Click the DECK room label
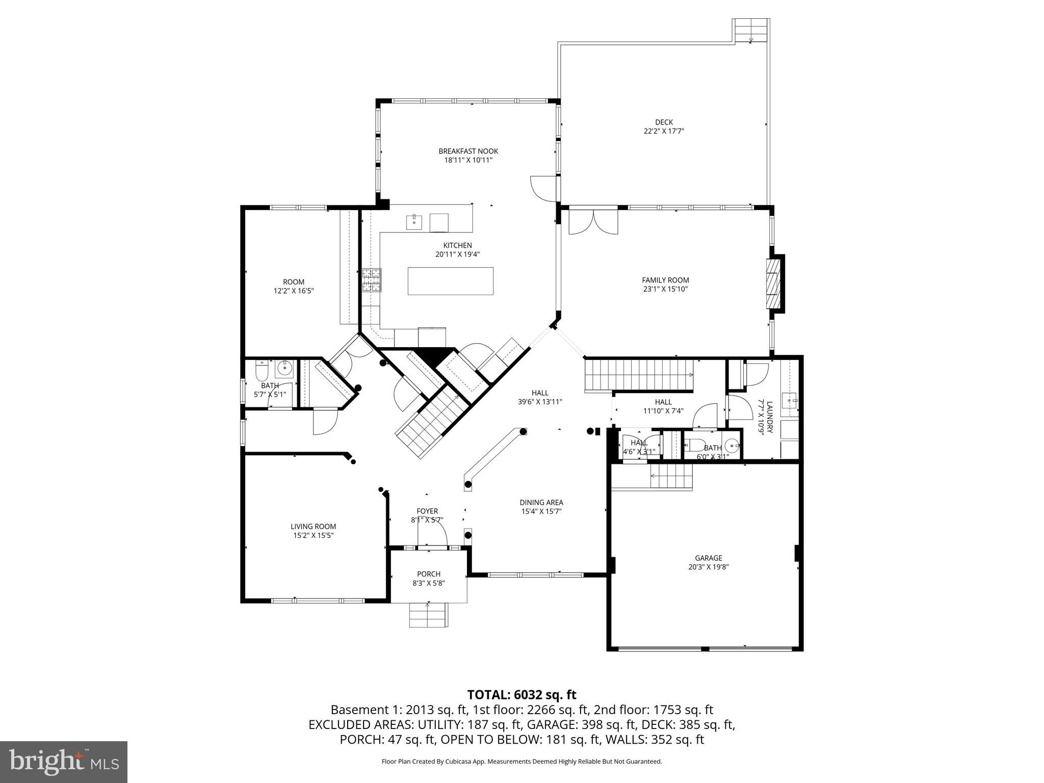tap(663, 122)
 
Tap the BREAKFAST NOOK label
tap(468, 151)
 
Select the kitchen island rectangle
tap(450, 281)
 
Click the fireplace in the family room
tap(774, 284)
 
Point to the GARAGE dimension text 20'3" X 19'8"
tap(708, 566)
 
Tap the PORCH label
tap(428, 574)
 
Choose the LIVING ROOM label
tap(313, 527)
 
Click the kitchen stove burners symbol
tap(372, 279)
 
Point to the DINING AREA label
tap(541, 503)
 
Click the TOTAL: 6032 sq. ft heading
tap(521, 694)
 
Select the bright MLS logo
tap(64, 762)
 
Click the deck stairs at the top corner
tap(751, 31)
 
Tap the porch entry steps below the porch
tap(429, 615)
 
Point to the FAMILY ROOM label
tap(665, 280)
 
